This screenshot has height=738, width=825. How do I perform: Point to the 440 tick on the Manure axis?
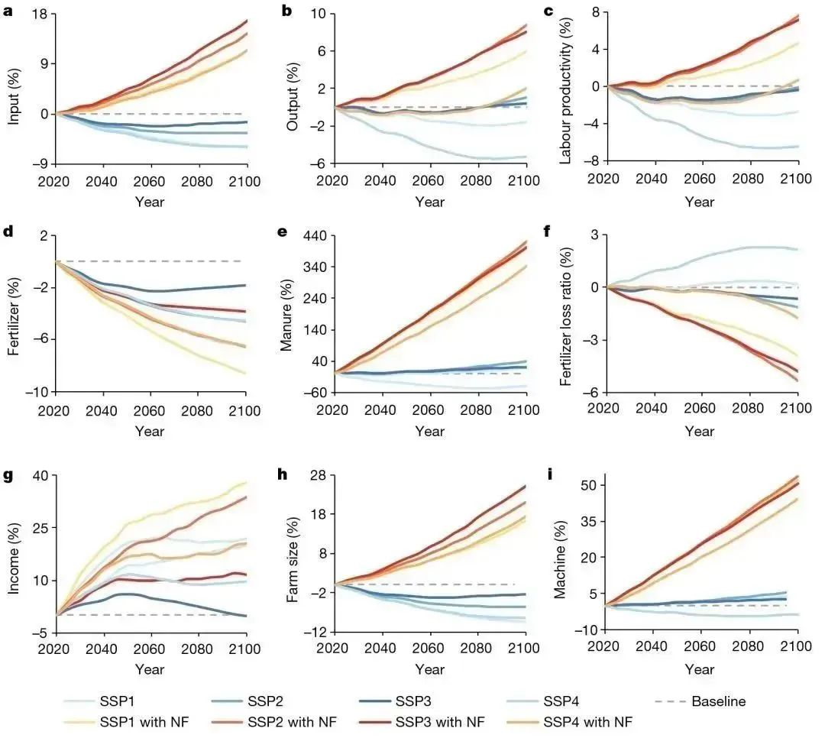coord(315,235)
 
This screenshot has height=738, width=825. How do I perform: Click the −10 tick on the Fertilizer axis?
coord(35,391)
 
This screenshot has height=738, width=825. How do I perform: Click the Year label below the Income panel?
coord(150,669)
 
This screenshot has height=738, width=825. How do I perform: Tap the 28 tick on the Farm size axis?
coord(318,476)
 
